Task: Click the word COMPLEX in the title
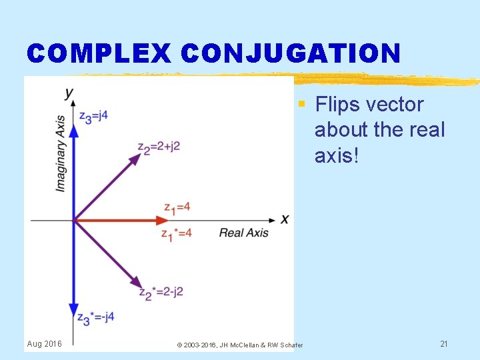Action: coord(99,53)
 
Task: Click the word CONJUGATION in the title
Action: coord(290,53)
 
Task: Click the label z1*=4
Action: coord(177,233)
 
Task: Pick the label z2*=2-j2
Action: coord(161,292)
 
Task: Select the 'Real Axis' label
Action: coord(244,233)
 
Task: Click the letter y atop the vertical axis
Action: coord(69,92)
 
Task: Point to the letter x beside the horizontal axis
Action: coord(285,219)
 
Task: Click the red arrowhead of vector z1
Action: coord(161,220)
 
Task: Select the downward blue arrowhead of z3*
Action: coord(73,310)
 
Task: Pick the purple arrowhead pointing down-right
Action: coord(133,281)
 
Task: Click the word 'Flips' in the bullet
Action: coord(337,105)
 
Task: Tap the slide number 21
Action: coord(443,343)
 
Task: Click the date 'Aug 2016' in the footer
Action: coord(44,343)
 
